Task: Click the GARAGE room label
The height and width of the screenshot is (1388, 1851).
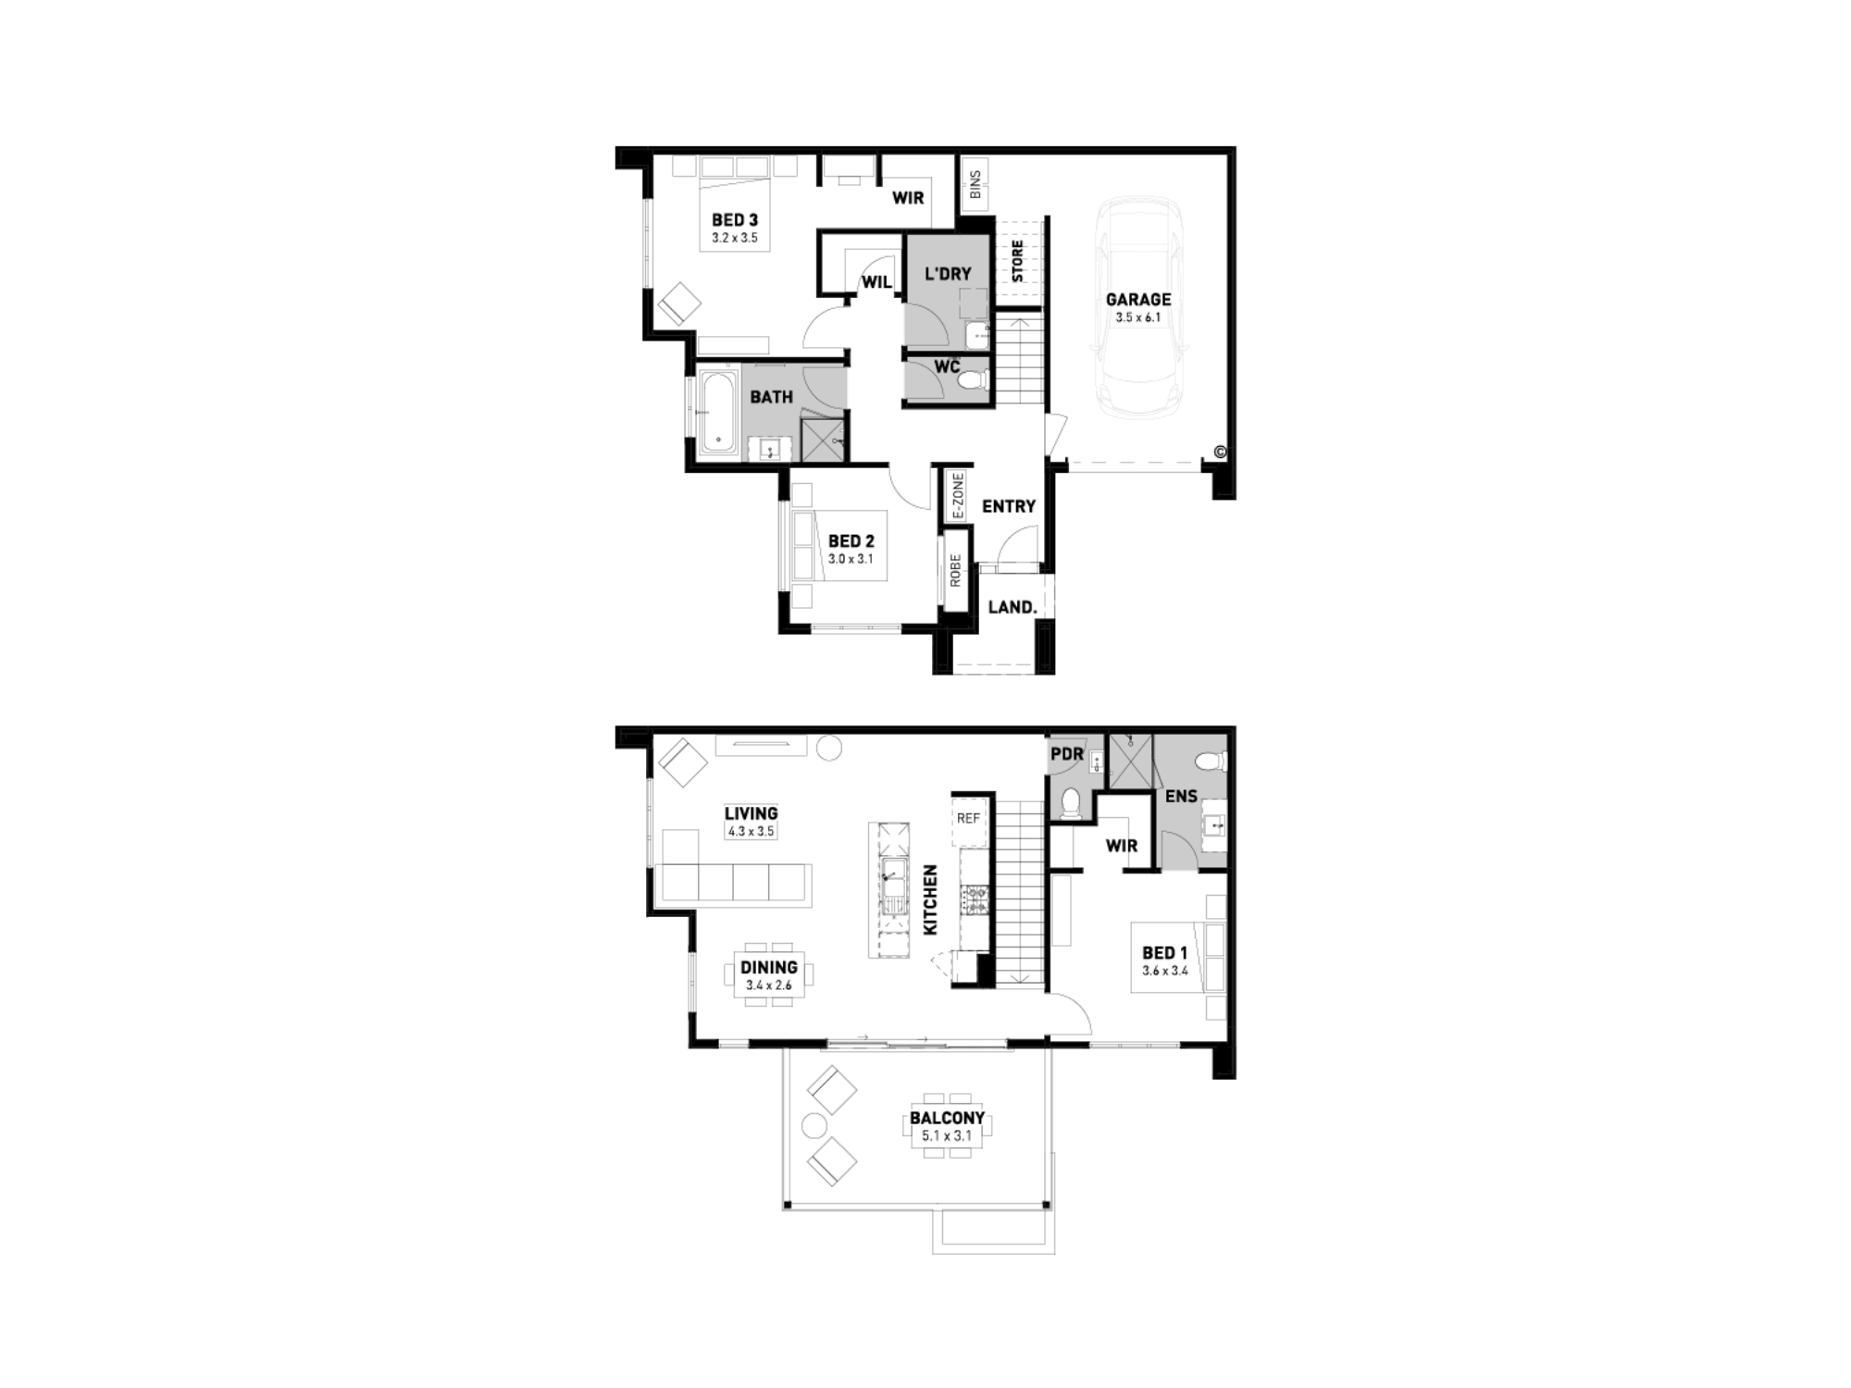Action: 1138,300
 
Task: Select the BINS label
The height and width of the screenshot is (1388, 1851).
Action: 975,185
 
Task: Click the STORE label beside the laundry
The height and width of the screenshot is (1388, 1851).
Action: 1017,261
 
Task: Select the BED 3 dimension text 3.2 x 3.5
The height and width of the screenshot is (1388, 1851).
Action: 735,238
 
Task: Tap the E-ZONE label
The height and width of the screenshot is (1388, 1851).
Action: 958,496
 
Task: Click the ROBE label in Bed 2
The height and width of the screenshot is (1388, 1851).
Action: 955,570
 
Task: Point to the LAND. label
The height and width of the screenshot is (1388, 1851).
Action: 1012,607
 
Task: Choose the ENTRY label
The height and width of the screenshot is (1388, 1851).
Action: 1009,506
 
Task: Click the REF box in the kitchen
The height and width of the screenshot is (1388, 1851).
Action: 968,819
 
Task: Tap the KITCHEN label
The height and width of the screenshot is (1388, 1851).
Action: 931,899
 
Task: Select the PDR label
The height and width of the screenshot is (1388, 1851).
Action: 1066,754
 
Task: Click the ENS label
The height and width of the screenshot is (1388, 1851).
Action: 1181,796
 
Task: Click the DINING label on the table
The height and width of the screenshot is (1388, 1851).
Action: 769,968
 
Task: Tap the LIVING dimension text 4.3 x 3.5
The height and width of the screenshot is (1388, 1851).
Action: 752,831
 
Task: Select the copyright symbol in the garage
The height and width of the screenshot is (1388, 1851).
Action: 1220,452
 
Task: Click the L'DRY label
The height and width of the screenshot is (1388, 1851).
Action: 949,274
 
